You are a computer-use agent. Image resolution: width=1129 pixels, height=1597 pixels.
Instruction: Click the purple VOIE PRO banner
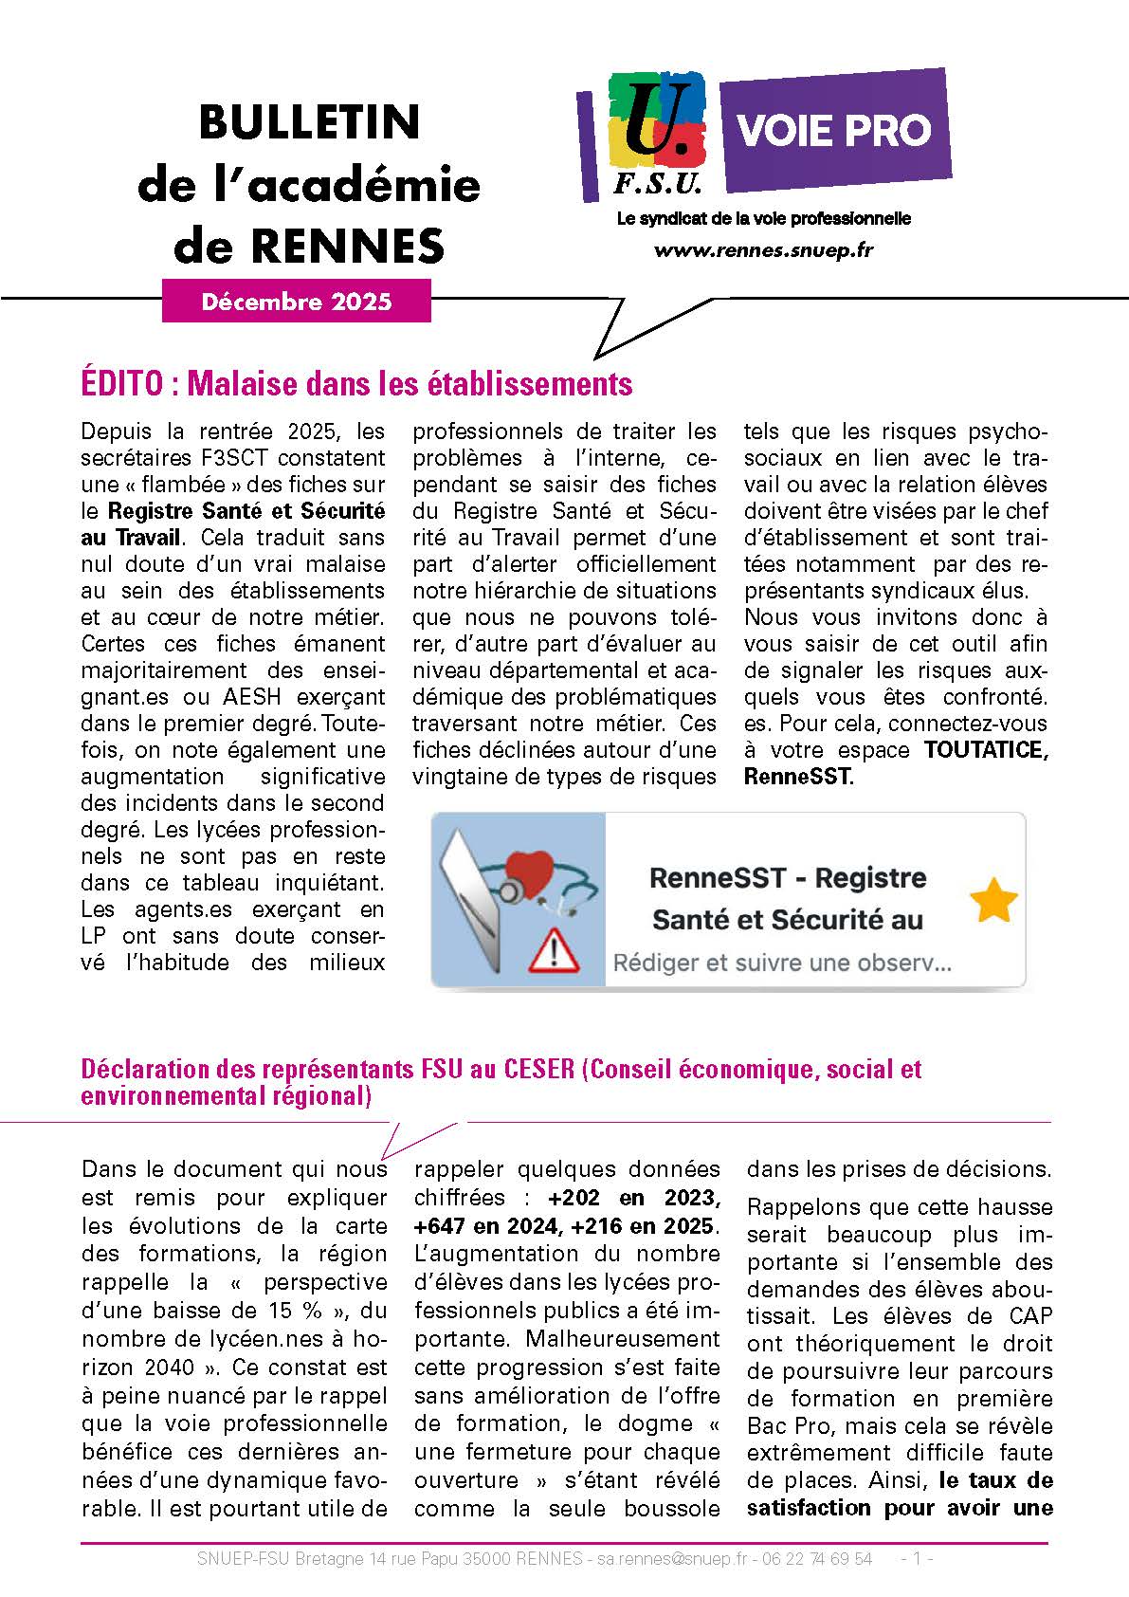point(835,129)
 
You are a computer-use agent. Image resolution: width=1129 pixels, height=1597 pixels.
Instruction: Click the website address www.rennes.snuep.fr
point(763,250)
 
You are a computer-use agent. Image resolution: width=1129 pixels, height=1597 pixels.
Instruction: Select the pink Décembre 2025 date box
point(297,302)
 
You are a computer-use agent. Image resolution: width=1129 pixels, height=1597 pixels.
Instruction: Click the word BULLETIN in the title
point(309,122)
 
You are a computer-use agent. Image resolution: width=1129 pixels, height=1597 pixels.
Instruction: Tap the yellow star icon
point(993,900)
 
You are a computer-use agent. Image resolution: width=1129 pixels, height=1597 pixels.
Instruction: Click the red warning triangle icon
point(548,950)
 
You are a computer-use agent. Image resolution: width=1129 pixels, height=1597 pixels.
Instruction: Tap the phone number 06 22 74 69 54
point(819,1559)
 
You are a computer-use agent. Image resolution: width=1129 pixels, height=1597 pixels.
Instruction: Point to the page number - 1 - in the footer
point(917,1559)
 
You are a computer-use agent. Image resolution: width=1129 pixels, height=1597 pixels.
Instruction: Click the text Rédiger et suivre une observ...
point(782,964)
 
